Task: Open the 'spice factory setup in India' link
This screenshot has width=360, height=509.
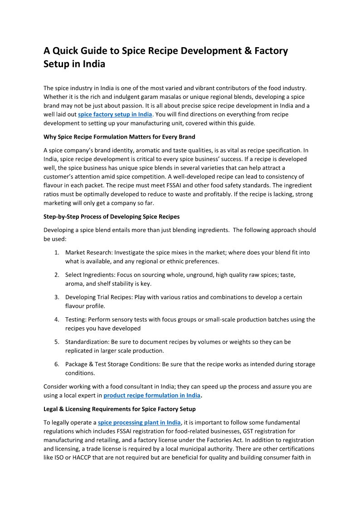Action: pos(115,114)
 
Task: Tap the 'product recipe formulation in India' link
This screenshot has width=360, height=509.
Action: pos(151,395)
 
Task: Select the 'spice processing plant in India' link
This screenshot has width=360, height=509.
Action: pos(139,422)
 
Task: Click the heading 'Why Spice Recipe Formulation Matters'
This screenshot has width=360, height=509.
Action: pos(119,136)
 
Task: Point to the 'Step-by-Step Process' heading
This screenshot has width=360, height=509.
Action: pos(111,216)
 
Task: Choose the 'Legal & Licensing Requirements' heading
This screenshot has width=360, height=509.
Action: pos(119,409)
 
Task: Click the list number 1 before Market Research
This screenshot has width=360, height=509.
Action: pos(57,252)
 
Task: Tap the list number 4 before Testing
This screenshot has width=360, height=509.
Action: pos(57,320)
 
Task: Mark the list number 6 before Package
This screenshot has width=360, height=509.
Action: pos(57,364)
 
